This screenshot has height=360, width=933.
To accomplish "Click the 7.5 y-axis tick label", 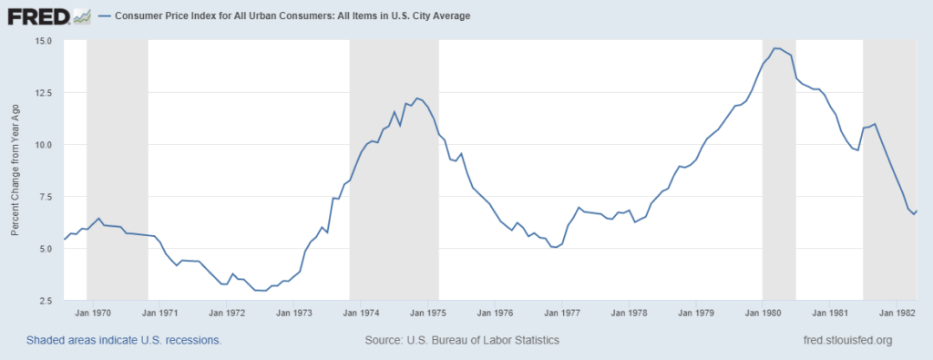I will pos(43,197).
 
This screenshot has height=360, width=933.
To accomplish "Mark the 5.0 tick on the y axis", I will pos(43,249).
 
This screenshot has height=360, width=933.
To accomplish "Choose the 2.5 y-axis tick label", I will pos(43,301).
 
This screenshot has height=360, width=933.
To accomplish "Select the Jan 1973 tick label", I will pos(295,314).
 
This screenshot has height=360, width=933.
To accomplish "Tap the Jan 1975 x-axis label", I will pos(428,314).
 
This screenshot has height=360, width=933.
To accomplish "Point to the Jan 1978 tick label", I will pos(630,314).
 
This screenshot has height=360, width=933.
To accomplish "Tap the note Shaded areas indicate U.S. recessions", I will pos(124,340).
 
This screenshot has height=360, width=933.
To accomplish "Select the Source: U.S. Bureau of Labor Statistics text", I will pos(461,340).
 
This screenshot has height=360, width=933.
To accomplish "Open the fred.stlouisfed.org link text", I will pos(844,340).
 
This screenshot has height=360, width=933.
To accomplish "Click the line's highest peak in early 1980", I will pos(775,48).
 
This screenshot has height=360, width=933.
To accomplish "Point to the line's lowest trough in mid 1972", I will pos(261,291).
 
